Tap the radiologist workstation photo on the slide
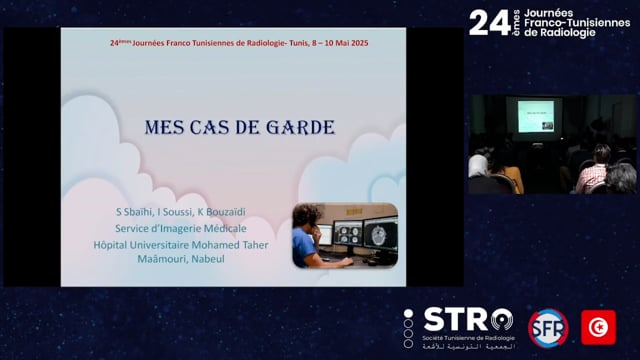344,234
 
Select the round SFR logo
547,327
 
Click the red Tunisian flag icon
598,327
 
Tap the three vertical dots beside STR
409,327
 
